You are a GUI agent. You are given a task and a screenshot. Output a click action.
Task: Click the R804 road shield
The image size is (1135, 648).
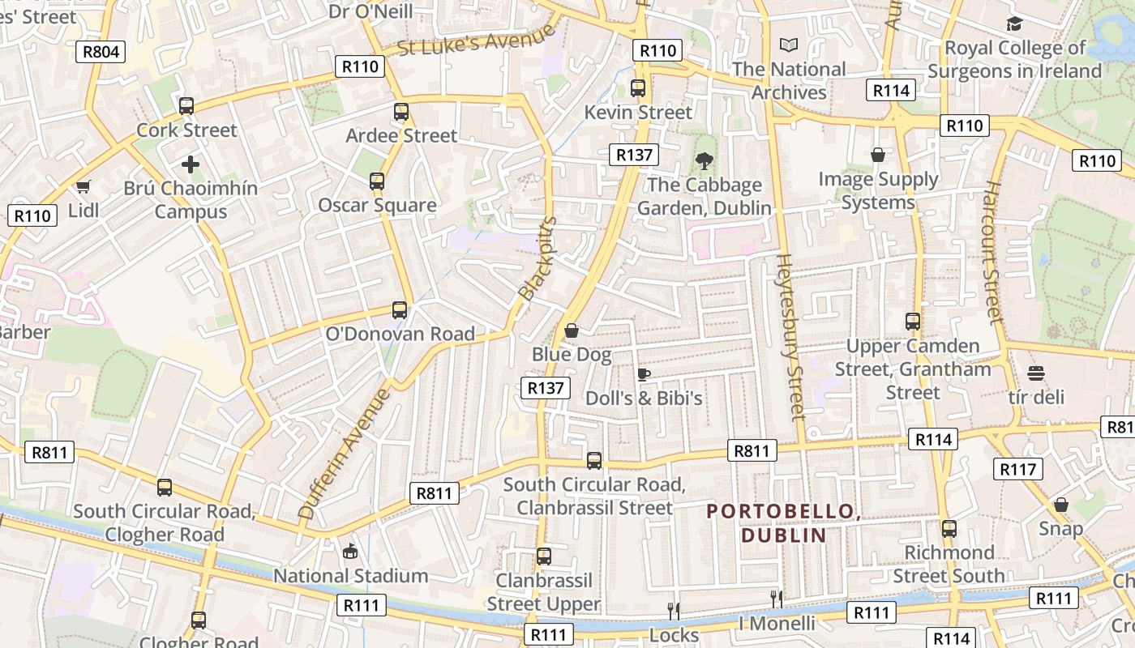pyautogui.click(x=101, y=53)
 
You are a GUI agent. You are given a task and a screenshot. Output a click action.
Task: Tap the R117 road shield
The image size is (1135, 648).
pyautogui.click(x=1018, y=469)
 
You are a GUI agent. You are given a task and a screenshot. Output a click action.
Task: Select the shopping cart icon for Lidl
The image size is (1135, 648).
pyautogui.click(x=83, y=188)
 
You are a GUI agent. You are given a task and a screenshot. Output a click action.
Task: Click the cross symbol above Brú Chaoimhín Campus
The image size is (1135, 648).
pyautogui.click(x=191, y=165)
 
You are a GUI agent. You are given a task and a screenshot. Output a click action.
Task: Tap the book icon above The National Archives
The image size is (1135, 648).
pyautogui.click(x=788, y=45)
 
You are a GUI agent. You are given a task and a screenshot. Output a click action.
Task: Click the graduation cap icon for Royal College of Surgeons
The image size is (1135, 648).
pyautogui.click(x=1014, y=24)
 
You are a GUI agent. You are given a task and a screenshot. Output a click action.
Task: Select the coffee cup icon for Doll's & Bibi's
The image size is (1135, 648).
pyautogui.click(x=643, y=374)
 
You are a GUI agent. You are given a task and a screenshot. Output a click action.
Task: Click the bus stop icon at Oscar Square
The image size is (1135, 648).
pyautogui.click(x=377, y=181)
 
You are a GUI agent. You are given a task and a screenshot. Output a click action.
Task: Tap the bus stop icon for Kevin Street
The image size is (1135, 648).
pyautogui.click(x=638, y=88)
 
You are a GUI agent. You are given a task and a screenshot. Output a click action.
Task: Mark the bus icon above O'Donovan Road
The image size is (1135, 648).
pyautogui.click(x=400, y=310)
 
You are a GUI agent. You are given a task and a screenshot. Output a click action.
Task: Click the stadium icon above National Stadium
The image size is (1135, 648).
pyautogui.click(x=350, y=552)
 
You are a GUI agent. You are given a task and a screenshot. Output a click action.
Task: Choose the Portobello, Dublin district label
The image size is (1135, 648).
pyautogui.click(x=783, y=523)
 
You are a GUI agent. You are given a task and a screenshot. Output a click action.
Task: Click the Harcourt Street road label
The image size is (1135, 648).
pyautogui.click(x=993, y=251)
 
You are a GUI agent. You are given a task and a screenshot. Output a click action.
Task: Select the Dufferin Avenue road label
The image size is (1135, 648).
pyautogui.click(x=345, y=454)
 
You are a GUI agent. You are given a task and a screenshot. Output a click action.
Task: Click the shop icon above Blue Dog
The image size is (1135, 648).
pyautogui.click(x=572, y=330)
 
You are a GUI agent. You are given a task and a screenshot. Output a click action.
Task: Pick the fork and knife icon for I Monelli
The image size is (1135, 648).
pyautogui.click(x=777, y=599)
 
